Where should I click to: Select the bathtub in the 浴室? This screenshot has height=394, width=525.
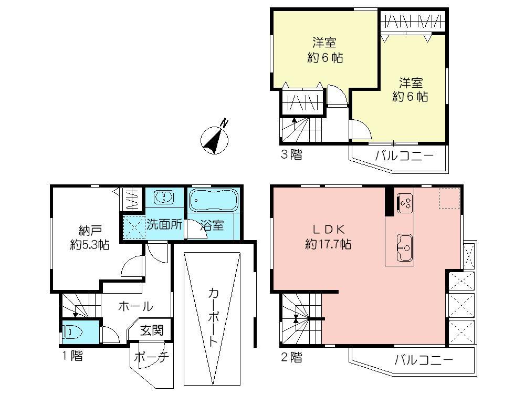[x=213, y=201]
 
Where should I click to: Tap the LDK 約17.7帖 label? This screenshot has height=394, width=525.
[x=329, y=237]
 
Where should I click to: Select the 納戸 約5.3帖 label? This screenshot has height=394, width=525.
[x=90, y=237]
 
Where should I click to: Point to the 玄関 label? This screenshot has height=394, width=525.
[x=152, y=330]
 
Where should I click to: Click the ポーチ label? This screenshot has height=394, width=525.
[x=151, y=357]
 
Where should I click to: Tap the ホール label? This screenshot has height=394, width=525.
[x=135, y=306]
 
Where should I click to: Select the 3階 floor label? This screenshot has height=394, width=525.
[x=291, y=155]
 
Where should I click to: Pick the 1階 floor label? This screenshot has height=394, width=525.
[x=72, y=356]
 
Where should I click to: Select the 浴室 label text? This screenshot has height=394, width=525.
[x=213, y=225]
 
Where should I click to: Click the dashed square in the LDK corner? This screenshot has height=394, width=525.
[x=449, y=199]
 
